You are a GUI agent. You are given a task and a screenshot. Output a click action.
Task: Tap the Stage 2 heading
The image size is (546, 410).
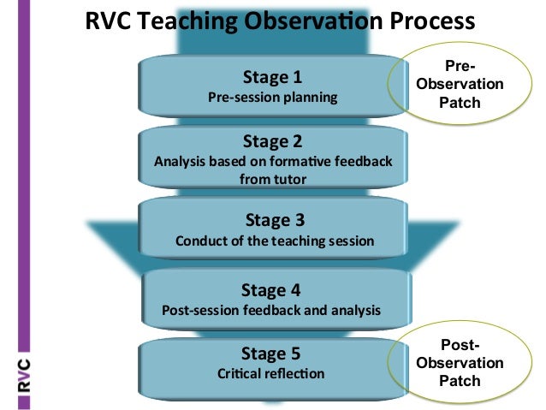point(272,140)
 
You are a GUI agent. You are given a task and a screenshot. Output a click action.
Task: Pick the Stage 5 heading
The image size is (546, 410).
point(271,353)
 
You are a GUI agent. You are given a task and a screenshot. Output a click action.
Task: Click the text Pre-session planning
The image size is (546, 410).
point(272,97)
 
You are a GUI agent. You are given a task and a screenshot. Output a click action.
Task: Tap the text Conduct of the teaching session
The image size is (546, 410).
point(274,241)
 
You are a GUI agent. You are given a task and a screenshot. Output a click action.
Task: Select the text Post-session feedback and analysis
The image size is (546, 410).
point(271,310)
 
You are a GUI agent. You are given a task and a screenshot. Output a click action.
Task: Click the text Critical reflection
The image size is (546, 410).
point(271,373)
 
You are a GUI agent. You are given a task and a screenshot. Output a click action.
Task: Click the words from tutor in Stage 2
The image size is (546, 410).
point(271,180)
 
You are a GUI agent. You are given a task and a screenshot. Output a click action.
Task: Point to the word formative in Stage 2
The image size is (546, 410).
point(290,161)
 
